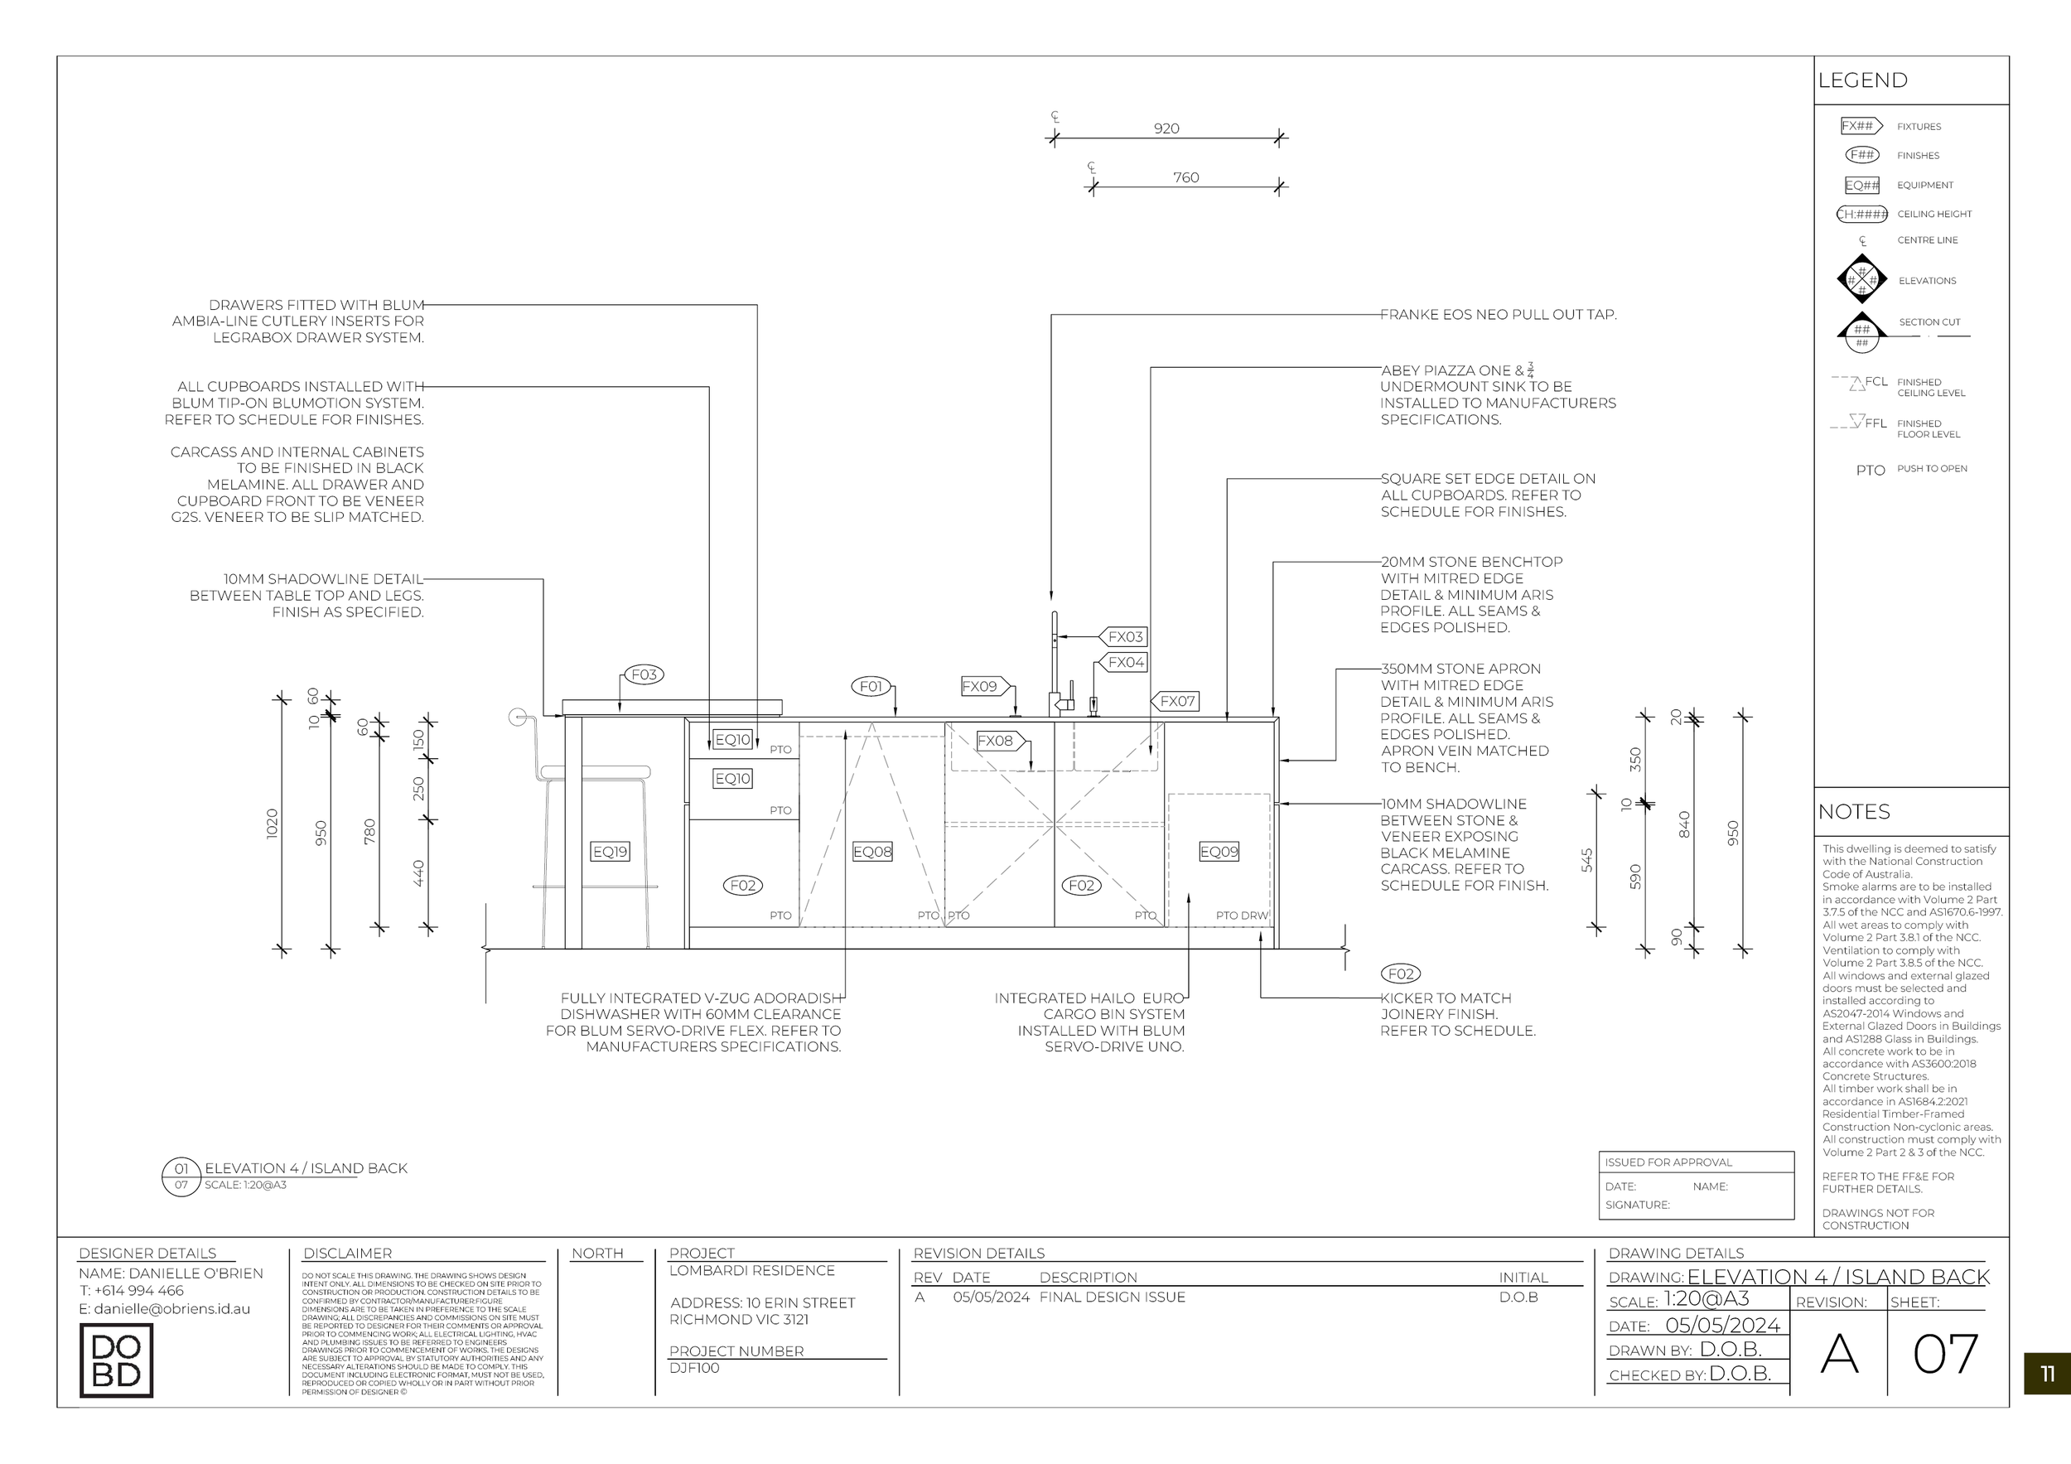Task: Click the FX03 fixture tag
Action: (1124, 637)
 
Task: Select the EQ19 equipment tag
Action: (610, 852)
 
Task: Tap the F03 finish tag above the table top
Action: (644, 674)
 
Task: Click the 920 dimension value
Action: (1166, 129)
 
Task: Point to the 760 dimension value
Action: (1185, 177)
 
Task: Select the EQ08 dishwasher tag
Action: (872, 852)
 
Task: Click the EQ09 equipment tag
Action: (1219, 852)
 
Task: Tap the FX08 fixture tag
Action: (995, 741)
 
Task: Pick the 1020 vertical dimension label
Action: (273, 824)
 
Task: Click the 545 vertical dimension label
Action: (1586, 861)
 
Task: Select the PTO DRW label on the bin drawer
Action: (1241, 916)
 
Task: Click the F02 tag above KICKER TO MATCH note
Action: (1401, 974)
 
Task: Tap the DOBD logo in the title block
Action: (116, 1360)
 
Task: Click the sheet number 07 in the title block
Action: (1945, 1354)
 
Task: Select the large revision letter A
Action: (1839, 1354)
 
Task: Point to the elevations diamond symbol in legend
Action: (1861, 280)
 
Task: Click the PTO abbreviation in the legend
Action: (1870, 471)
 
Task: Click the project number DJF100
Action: (694, 1368)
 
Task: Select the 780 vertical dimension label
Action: (369, 832)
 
